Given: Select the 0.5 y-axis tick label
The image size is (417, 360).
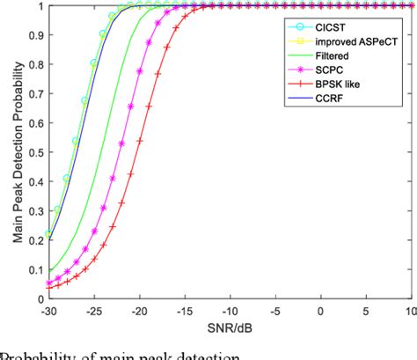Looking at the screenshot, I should click(29, 153).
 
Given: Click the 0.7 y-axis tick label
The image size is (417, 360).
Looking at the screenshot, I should click(29, 94).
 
